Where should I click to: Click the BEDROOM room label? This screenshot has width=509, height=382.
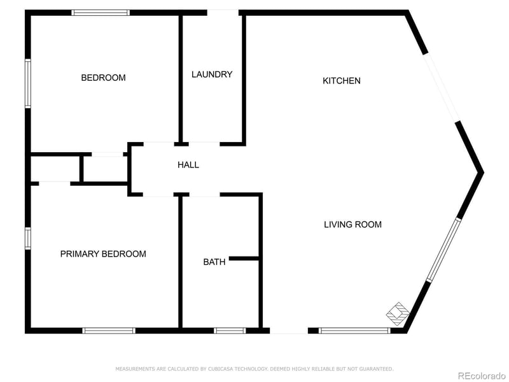[x=103, y=78]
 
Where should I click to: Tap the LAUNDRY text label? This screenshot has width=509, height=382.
[x=212, y=74]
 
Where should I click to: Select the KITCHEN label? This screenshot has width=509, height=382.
[x=342, y=81]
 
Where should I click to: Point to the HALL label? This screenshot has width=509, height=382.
[x=188, y=165]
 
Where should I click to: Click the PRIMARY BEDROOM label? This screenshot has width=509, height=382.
[x=103, y=254]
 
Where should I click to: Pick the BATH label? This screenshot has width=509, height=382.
[x=214, y=262]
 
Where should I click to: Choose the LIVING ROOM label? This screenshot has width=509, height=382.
[x=352, y=224]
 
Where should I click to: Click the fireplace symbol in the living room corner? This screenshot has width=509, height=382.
[x=398, y=312]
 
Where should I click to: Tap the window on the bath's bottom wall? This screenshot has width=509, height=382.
[x=230, y=330]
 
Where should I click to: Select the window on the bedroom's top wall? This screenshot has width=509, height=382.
[x=101, y=12]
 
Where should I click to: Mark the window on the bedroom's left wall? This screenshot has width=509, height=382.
[x=28, y=83]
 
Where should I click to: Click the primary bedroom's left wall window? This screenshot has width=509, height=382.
[x=28, y=237]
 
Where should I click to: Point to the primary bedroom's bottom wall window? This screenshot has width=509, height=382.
[x=109, y=330]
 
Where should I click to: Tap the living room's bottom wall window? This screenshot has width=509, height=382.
[x=354, y=330]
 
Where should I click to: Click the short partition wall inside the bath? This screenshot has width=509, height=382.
[x=244, y=258]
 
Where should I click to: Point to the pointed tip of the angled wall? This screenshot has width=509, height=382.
[x=482, y=172]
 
